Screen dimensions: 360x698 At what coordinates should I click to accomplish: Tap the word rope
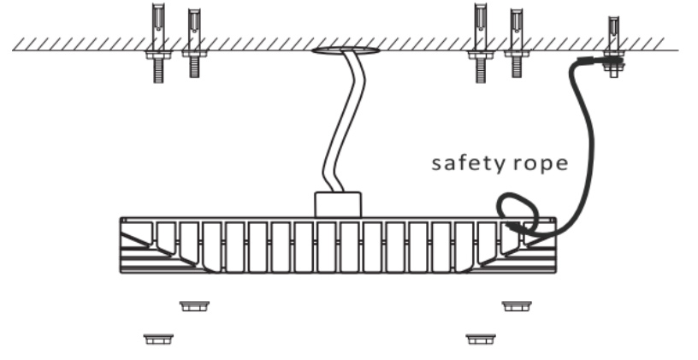click(538, 163)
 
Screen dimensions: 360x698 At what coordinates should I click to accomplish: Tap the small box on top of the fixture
click(339, 204)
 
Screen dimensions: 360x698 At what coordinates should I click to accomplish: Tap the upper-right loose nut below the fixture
click(514, 305)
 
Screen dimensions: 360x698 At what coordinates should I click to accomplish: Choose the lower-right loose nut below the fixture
click(480, 339)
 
